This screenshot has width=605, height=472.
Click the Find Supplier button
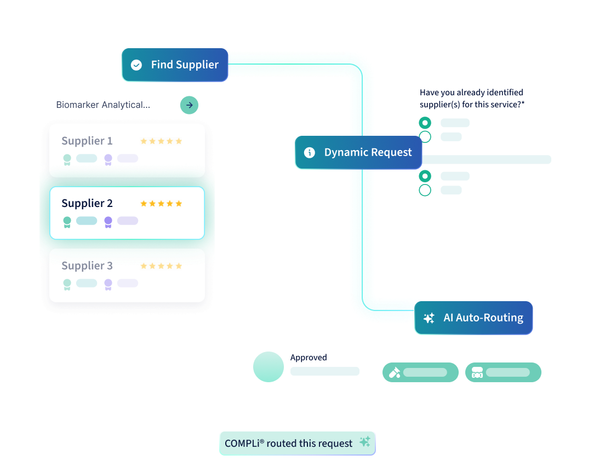pyautogui.click(x=175, y=65)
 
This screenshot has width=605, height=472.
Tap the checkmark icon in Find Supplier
pyautogui.click(x=136, y=65)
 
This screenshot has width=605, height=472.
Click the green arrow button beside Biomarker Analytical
pyautogui.click(x=189, y=105)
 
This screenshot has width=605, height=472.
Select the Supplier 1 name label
pyautogui.click(x=87, y=141)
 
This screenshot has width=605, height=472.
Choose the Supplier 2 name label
pyautogui.click(x=87, y=203)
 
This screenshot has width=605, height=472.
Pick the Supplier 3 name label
pyautogui.click(x=87, y=266)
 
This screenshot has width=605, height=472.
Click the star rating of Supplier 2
pyautogui.click(x=161, y=203)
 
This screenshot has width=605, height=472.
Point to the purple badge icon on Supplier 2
pyautogui.click(x=108, y=222)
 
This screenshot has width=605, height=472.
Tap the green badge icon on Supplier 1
pyautogui.click(x=67, y=159)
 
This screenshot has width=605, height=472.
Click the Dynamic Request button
pyautogui.click(x=358, y=152)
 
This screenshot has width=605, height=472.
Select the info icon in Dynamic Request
pyautogui.click(x=310, y=153)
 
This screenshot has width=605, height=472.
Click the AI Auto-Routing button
pyautogui.click(x=473, y=318)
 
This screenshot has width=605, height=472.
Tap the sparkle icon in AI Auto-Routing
pyautogui.click(x=429, y=318)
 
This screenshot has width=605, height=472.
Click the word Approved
pyautogui.click(x=309, y=358)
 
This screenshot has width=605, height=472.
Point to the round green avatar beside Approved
pyautogui.click(x=269, y=367)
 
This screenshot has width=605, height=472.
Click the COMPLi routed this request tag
pyautogui.click(x=298, y=444)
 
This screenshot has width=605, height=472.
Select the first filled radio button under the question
pyautogui.click(x=425, y=123)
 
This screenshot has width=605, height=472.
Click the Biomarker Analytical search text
pyautogui.click(x=103, y=105)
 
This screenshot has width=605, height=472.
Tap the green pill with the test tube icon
pyautogui.click(x=420, y=372)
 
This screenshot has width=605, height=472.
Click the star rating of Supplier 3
pyautogui.click(x=161, y=266)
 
